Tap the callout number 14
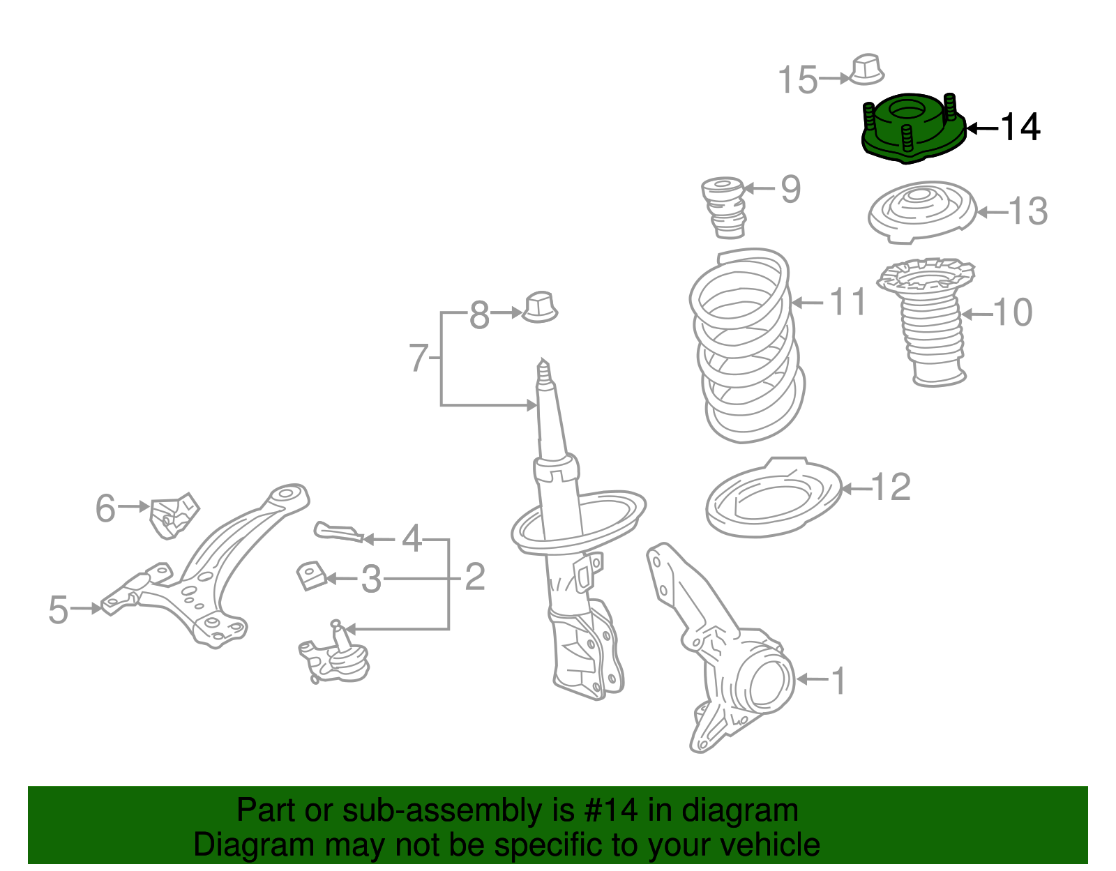click(1020, 128)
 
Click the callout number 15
click(797, 79)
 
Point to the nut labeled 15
click(867, 69)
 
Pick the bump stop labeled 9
click(724, 206)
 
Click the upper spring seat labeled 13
click(921, 211)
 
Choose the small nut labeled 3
click(312, 576)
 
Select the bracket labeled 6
click(173, 515)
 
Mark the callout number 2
click(474, 577)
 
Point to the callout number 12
click(891, 487)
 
